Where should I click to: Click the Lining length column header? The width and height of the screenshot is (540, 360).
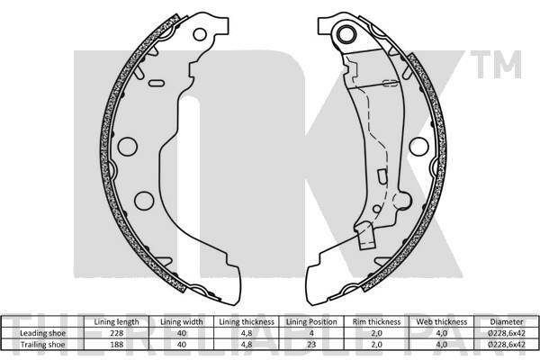tap(116, 322)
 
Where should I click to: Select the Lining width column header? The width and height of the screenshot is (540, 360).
tap(182, 322)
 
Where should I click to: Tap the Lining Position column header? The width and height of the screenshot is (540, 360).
tap(311, 322)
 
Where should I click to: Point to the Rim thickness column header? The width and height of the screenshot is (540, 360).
tap(376, 322)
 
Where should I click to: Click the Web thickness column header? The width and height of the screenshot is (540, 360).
tap(442, 322)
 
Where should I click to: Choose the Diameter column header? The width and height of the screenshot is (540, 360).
tap(507, 322)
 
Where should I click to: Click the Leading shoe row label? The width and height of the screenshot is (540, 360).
tap(42, 333)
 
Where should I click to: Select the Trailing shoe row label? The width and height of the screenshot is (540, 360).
tap(42, 345)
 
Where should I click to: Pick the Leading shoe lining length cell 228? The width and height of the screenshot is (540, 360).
tap(116, 333)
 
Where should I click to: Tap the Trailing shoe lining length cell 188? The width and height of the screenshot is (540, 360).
tap(116, 345)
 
